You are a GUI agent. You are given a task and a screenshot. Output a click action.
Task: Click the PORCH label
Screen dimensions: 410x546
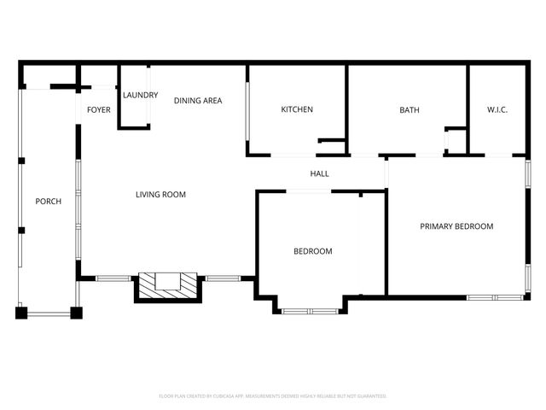tap(48, 202)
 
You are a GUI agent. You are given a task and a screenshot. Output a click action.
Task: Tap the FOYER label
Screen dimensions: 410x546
tap(99, 109)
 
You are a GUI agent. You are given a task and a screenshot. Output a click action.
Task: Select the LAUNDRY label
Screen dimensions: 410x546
tap(140, 95)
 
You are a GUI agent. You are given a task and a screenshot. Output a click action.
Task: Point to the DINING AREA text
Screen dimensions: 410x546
tap(198, 101)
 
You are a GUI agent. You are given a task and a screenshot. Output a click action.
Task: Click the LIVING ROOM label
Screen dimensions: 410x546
tap(160, 195)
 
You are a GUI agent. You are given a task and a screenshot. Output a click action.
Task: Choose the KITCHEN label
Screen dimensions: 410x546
tap(297, 109)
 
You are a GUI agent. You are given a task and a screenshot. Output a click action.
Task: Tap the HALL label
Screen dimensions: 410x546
tap(319, 174)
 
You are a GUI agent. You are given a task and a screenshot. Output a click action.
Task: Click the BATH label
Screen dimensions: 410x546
tap(409, 109)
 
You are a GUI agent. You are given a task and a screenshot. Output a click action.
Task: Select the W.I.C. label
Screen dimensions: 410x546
tap(497, 109)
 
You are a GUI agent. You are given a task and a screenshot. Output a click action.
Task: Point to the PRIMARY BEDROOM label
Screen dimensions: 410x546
tap(456, 226)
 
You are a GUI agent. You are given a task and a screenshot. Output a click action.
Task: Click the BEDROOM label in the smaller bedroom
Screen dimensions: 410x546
tap(312, 251)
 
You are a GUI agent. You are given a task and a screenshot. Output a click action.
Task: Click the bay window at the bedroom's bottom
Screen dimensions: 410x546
tap(311, 311)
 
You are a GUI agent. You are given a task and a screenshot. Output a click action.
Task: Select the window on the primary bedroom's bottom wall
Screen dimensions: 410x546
tap(496, 297)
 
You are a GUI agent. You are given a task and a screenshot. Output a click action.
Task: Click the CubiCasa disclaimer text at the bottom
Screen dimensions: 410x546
tap(273, 396)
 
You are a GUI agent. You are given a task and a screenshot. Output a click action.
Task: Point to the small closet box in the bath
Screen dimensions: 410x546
tap(455, 141)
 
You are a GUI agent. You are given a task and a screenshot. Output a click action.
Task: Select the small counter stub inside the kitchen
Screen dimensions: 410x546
tap(330, 140)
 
